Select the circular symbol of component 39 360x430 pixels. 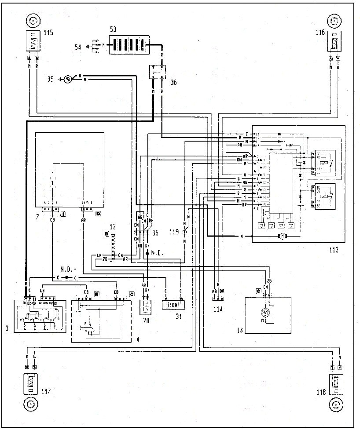68,79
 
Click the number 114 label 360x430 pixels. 218,309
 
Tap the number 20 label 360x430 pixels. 144,321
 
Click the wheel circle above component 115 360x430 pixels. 33,20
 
